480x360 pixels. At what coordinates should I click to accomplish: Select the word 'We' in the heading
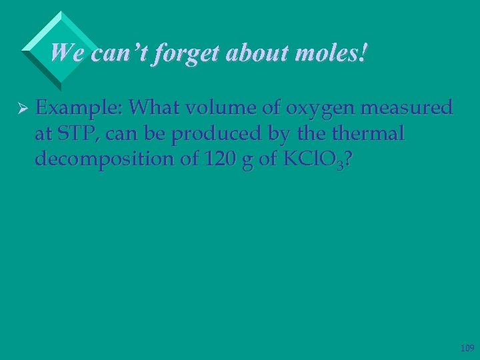(64, 52)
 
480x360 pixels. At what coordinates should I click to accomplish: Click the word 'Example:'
(79, 108)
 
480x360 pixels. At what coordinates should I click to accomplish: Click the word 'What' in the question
(154, 107)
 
